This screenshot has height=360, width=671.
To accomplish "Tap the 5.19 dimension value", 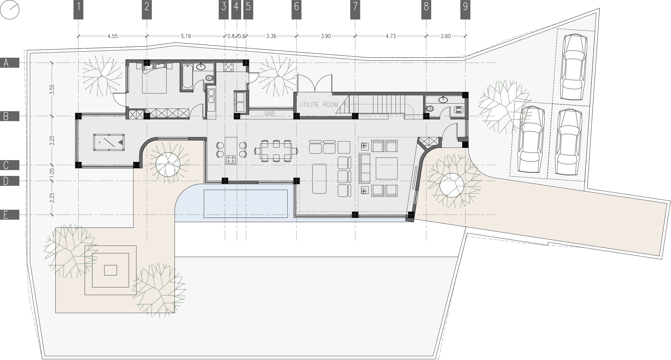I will [186, 36].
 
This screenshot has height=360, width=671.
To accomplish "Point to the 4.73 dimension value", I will [391, 36].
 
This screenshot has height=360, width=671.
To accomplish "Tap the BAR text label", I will [270, 114].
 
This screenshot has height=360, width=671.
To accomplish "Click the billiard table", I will [109, 142].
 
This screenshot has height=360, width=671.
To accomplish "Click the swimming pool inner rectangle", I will [245, 203].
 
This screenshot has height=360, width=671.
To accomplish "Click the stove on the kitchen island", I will [231, 159].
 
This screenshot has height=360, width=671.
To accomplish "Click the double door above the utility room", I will [315, 84].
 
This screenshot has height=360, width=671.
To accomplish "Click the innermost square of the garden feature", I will [110, 270].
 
